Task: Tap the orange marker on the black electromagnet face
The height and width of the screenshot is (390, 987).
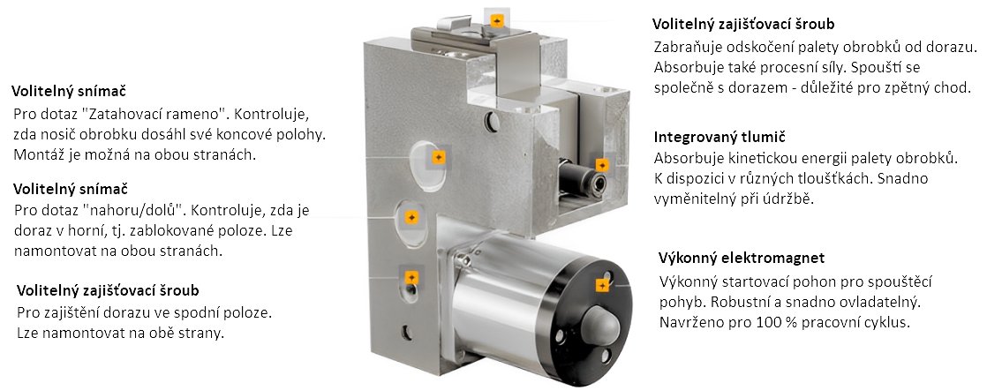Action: (x=602, y=286)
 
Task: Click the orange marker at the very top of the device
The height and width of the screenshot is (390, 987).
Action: (x=497, y=21)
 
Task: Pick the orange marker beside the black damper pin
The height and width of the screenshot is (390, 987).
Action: (x=602, y=165)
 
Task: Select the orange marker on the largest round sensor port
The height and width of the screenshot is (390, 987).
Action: (x=439, y=157)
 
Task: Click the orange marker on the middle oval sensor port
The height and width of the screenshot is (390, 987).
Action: (x=411, y=217)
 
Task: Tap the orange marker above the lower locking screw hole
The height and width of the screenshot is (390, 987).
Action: (x=411, y=277)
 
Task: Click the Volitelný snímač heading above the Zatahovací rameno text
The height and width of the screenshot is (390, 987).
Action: (x=69, y=92)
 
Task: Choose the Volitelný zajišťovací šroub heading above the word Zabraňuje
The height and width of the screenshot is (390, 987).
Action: (x=744, y=25)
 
